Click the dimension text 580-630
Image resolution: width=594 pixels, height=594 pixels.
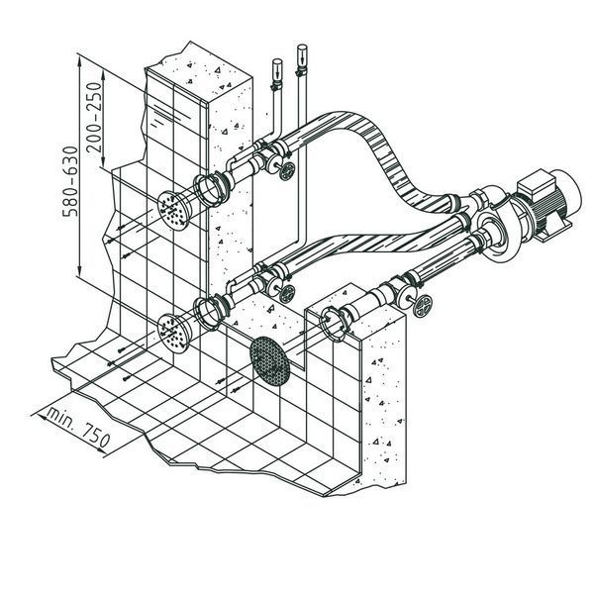(x=70, y=181)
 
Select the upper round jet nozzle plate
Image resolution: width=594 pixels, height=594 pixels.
(x=174, y=211)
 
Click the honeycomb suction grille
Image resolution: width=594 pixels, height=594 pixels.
(x=269, y=360)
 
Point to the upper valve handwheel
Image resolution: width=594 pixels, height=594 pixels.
(x=287, y=171)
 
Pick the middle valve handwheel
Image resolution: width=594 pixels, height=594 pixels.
(x=287, y=294)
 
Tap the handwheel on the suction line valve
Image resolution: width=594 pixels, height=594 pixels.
(x=422, y=305)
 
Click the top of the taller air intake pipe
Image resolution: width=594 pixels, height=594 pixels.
(x=302, y=49)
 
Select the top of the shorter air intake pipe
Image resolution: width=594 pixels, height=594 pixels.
(x=277, y=62)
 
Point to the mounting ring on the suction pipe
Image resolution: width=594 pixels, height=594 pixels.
(x=336, y=323)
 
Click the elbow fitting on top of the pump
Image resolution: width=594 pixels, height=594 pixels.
(x=491, y=196)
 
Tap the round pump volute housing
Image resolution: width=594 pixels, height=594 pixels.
(x=496, y=236)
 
